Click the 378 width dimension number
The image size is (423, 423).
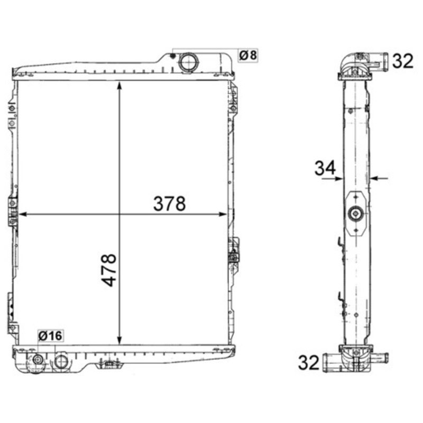[169, 204]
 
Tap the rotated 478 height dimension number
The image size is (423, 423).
[109, 270]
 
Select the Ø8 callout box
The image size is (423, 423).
[249, 54]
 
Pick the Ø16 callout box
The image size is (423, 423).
[50, 335]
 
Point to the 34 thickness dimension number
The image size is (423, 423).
[325, 168]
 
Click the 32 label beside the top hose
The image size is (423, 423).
[402, 61]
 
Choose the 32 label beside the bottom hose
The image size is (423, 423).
[309, 363]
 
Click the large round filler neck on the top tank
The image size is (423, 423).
[188, 62]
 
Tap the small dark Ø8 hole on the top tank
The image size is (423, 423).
[173, 56]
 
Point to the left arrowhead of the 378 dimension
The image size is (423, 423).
[22, 214]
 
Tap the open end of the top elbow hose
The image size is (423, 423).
[384, 60]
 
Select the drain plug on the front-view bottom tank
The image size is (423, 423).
[38, 360]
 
